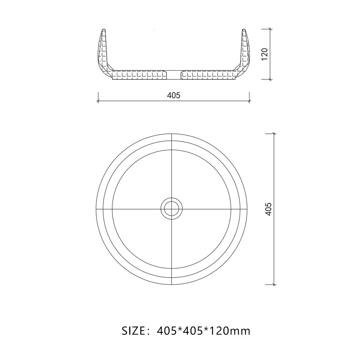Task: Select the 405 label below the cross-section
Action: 174,95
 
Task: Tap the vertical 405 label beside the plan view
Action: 269,209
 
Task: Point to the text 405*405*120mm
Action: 204,330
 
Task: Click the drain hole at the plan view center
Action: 172,208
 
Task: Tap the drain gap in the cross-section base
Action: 175,75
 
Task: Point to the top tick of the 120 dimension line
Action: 270,29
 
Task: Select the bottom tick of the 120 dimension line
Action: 270,79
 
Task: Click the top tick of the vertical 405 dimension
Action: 274,134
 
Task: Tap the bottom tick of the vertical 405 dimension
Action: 274,284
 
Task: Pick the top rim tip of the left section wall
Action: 104,29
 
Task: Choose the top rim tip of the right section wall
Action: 243,29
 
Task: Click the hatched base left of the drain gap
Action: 140,75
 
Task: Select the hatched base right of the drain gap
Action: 209,75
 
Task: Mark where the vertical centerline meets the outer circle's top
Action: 172,133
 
